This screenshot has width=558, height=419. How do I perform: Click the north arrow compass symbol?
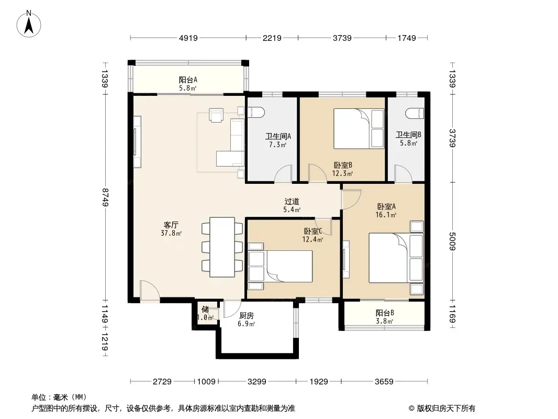[x=29, y=24]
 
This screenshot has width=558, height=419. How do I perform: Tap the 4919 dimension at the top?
[x=188, y=38]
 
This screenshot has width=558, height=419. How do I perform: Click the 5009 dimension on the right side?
[x=452, y=241]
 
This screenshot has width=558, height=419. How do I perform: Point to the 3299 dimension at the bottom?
[x=256, y=382]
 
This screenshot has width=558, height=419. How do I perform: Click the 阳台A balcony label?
[x=188, y=80]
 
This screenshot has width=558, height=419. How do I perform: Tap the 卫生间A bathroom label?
[x=278, y=136]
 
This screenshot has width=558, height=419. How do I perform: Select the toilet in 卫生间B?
[x=415, y=113]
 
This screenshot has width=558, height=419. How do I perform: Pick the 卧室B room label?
[x=343, y=165]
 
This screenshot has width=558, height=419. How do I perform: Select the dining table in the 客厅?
[x=222, y=247]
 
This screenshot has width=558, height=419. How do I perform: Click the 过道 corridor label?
[x=292, y=202]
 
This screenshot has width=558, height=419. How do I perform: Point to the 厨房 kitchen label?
[x=246, y=316]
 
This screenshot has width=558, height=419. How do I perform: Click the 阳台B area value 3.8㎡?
[x=384, y=322]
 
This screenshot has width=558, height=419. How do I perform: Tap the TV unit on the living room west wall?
[x=137, y=142]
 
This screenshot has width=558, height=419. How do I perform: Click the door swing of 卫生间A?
[x=283, y=174]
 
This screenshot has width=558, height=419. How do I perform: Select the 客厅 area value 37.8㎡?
[x=171, y=234]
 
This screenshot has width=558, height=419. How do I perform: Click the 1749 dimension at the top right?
[x=407, y=38]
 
